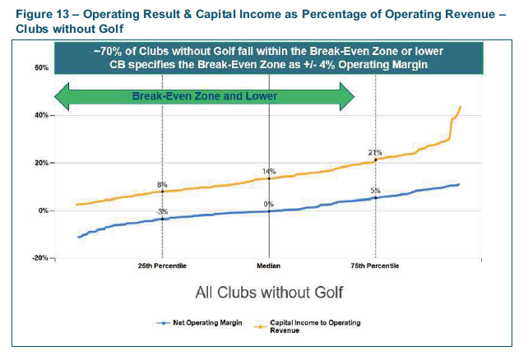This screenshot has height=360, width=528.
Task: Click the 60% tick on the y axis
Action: pyautogui.click(x=41, y=67)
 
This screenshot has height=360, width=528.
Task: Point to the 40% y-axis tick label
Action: pyautogui.click(x=41, y=115)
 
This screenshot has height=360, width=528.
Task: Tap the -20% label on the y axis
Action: pyautogui.click(x=40, y=258)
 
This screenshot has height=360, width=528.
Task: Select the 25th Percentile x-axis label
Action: pyautogui.click(x=162, y=265)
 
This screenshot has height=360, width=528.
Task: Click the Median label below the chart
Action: pyautogui.click(x=268, y=265)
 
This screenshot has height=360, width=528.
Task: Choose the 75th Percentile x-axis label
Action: pyautogui.click(x=375, y=265)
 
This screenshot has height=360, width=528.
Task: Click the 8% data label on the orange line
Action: pyautogui.click(x=162, y=185)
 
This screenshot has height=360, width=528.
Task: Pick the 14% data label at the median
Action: pyautogui.click(x=269, y=172)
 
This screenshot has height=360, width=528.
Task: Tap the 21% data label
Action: pyautogui.click(x=375, y=153)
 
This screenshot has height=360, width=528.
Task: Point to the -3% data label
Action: pyautogui.click(x=162, y=212)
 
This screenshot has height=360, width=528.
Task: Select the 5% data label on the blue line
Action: pyautogui.click(x=375, y=191)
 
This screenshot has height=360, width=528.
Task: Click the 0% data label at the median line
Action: pyautogui.click(x=268, y=204)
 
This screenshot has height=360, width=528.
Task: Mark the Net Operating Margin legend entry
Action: pyautogui.click(x=199, y=323)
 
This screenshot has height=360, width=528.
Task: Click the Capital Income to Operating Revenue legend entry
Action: pyautogui.click(x=307, y=326)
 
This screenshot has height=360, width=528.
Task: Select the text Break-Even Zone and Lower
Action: pyautogui.click(x=205, y=96)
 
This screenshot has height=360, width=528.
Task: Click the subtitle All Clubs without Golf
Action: pyautogui.click(x=269, y=293)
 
